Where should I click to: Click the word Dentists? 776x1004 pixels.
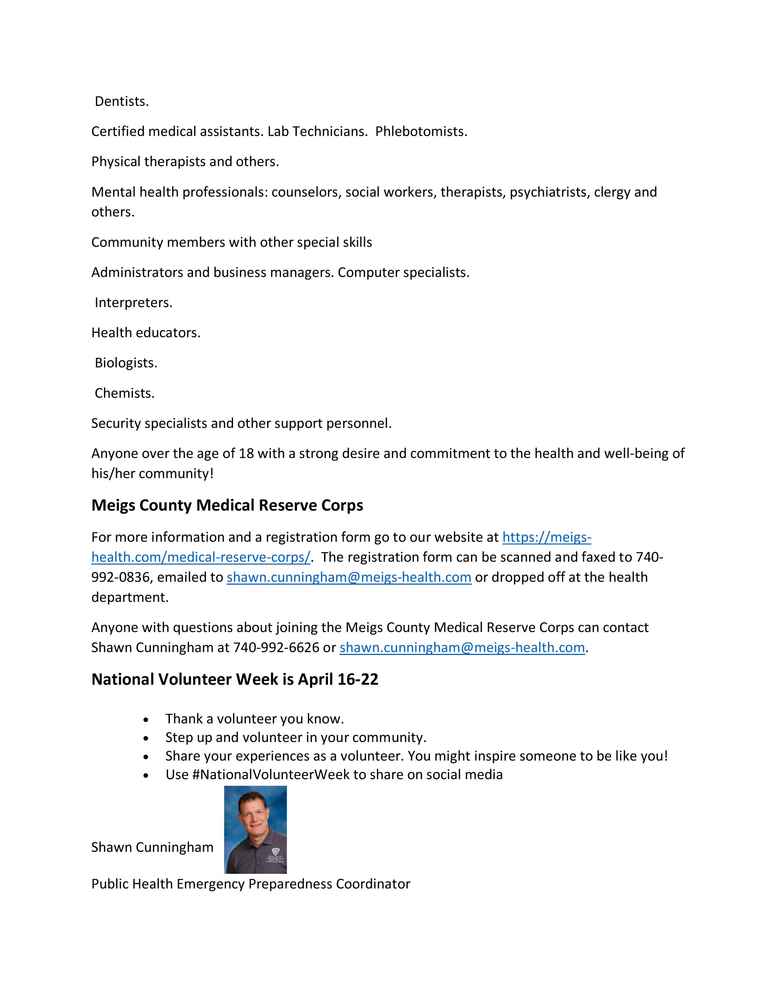tap(122, 101)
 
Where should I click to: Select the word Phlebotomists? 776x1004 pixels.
tap(421, 131)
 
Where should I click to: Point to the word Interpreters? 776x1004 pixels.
tap(133, 302)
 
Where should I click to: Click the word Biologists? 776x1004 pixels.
tap(126, 363)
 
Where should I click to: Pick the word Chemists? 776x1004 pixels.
tap(125, 393)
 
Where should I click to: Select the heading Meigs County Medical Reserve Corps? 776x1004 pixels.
tap(227, 505)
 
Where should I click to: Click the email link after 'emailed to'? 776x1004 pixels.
tap(349, 577)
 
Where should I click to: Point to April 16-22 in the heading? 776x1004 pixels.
tap(338, 679)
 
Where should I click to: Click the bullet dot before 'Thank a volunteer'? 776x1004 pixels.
tap(146, 719)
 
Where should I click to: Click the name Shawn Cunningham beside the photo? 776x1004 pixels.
tap(152, 847)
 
